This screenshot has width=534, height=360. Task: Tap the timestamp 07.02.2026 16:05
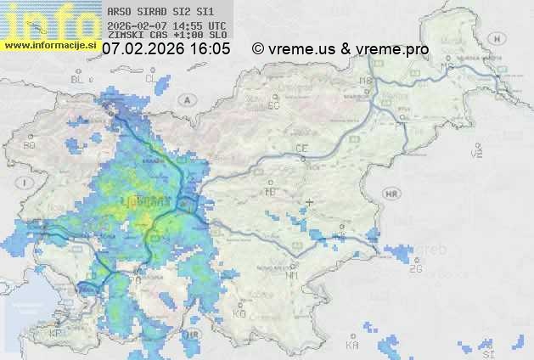pyautogui.click(x=166, y=49)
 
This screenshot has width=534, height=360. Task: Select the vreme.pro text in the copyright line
pyautogui.click(x=392, y=49)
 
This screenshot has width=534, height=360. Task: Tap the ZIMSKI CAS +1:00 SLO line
pyautogui.click(x=167, y=36)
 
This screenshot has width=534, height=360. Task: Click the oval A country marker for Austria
pyautogui.click(x=185, y=99)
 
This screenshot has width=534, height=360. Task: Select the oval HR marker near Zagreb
pyautogui.click(x=391, y=194)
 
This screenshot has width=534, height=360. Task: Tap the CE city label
pyautogui.click(x=301, y=149)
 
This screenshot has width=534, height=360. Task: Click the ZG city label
pyautogui.click(x=415, y=269)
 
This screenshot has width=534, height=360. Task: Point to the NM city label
pyautogui.click(x=293, y=275)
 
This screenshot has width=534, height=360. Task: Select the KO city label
pyautogui.click(x=239, y=313)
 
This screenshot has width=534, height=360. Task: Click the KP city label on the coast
pyautogui.click(x=56, y=334)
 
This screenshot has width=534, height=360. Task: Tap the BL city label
pyautogui.click(x=79, y=79)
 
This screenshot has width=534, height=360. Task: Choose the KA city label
pyautogui.click(x=352, y=346)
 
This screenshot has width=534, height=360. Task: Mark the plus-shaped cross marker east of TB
pyautogui.click(x=310, y=202)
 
